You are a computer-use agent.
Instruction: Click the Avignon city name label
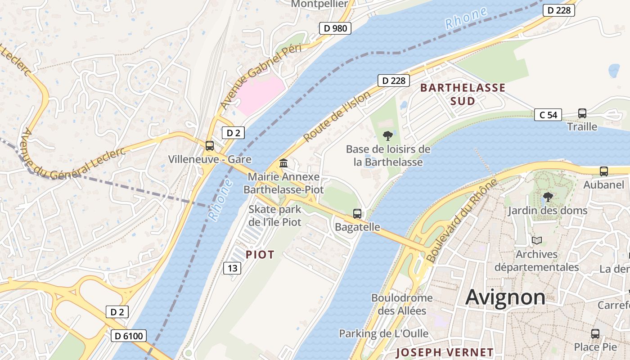tap(505, 297)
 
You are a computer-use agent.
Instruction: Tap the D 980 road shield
tap(335, 28)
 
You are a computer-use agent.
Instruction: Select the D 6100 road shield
tap(129, 336)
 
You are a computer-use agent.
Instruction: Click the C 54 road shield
tap(548, 115)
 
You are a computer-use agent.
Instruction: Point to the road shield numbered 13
tap(232, 269)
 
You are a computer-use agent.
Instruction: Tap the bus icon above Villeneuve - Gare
tap(209, 146)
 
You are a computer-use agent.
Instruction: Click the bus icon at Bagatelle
tap(357, 214)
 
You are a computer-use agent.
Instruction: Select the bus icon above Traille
tap(582, 113)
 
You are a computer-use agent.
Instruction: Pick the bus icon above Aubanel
tap(603, 171)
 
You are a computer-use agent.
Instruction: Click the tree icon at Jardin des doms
tap(548, 197)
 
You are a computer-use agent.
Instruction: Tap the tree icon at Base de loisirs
tap(387, 135)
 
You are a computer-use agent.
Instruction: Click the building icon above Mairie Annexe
tap(283, 163)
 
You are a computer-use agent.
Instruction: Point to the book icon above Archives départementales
tap(536, 241)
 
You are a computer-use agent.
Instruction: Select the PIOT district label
tap(260, 255)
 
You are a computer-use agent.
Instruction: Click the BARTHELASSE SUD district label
tap(463, 94)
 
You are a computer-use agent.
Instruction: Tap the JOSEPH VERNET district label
tap(445, 352)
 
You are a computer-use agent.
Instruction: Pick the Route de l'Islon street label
tap(337, 117)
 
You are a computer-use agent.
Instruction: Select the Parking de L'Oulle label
tap(383, 333)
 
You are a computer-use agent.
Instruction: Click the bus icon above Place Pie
tap(595, 334)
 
